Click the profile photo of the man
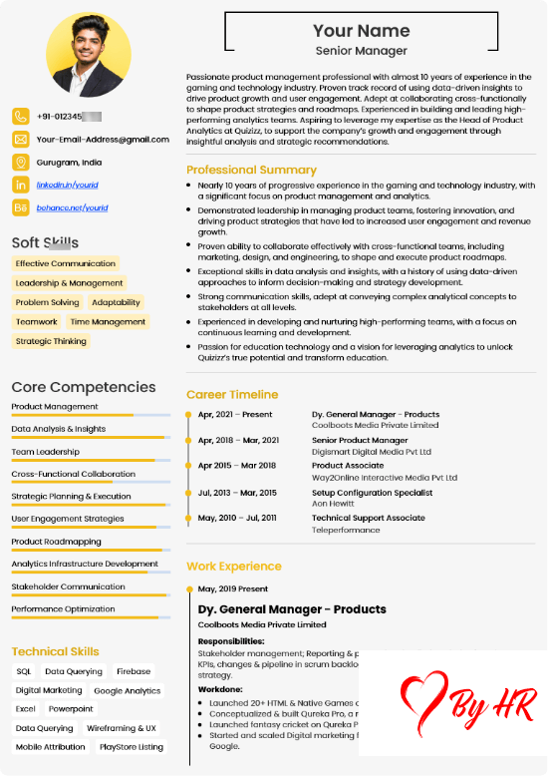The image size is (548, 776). coord(88,55)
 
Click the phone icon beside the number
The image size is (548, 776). coord(21,116)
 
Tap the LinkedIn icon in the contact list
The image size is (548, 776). coord(21,185)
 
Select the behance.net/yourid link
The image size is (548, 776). coord(72,207)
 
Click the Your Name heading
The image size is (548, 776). coord(361,31)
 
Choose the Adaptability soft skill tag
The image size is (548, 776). coord(116,302)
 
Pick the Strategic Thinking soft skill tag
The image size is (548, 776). coord(51,341)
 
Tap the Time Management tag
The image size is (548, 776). coord(108,322)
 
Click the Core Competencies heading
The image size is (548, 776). coord(84,387)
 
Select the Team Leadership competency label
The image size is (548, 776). coord(45,452)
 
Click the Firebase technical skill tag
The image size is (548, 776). coord(134,671)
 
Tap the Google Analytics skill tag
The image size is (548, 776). coord(127,690)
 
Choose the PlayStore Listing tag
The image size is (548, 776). coord(132,747)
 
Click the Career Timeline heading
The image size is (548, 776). coord(232,394)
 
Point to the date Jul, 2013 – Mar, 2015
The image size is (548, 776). coord(237,492)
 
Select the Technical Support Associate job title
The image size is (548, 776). coord(369,518)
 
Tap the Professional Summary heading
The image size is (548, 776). coord(251,170)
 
